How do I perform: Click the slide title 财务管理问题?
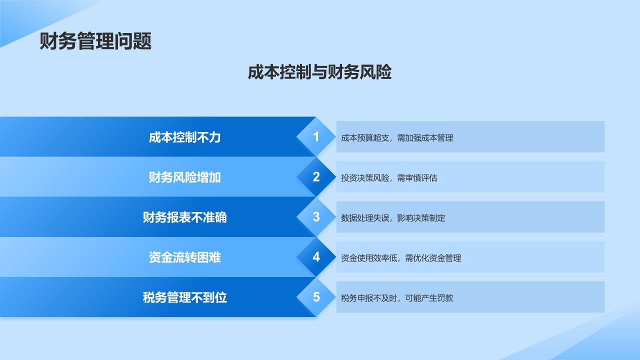coord(95,41)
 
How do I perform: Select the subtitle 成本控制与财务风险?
coord(319,72)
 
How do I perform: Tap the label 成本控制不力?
coord(184,137)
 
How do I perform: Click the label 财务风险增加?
coord(184,177)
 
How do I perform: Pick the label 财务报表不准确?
coord(184,217)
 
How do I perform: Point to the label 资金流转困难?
coord(184,257)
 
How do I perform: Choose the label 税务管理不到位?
coord(184,297)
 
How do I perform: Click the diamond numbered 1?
coord(316,137)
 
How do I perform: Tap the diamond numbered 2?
coord(316,177)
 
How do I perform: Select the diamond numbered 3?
coord(316,217)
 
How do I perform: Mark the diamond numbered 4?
coord(316,257)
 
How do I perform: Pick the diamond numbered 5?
coord(316,297)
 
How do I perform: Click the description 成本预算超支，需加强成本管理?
coord(397,138)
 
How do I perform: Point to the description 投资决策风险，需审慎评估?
coord(389,178)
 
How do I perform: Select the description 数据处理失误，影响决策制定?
coord(393,218)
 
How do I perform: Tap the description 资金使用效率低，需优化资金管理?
coord(401,258)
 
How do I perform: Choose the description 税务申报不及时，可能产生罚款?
coord(397,298)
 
